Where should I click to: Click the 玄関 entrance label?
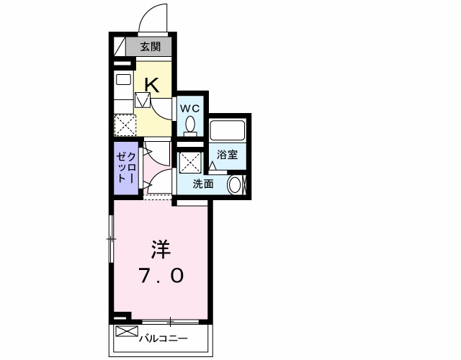150,48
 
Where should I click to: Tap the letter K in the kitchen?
151,85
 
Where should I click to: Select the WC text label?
190,108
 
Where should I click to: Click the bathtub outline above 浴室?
228,132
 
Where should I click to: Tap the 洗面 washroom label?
203,184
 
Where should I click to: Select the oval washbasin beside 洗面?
235,184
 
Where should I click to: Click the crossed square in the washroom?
190,162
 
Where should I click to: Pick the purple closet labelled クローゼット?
126,167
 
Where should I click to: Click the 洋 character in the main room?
160,249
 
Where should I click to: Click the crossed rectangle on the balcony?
126,333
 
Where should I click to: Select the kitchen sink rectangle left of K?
122,80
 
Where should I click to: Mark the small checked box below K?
143,99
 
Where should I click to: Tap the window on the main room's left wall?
111,238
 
